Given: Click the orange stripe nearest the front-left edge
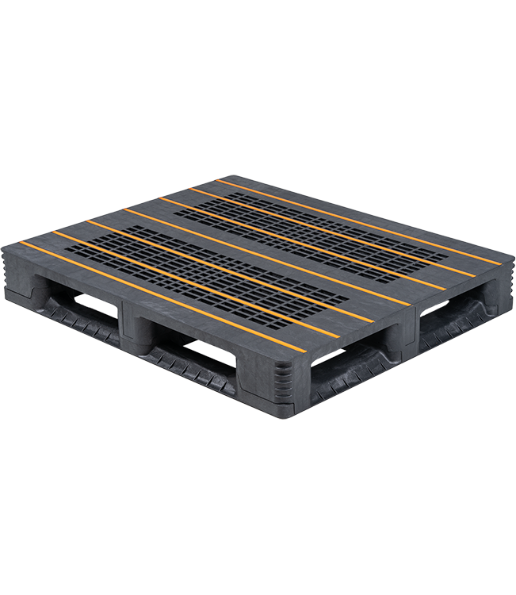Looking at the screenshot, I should click(x=159, y=294).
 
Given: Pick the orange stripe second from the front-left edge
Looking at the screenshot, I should click(x=190, y=282).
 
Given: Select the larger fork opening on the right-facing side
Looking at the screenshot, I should click(x=349, y=365).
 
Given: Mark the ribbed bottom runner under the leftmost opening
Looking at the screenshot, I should click(x=75, y=321).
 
